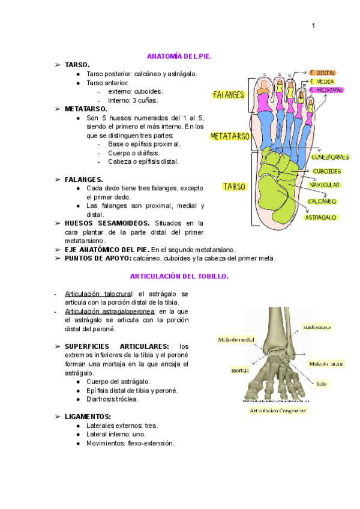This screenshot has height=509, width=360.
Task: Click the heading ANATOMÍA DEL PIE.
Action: [x=179, y=56]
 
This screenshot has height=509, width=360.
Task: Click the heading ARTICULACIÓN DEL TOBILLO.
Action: [x=179, y=276]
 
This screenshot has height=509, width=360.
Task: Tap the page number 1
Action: [x=313, y=25]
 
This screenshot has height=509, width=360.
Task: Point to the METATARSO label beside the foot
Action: [x=230, y=136]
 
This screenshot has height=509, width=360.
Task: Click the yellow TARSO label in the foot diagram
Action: [x=233, y=187]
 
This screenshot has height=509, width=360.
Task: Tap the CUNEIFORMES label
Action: [x=330, y=157]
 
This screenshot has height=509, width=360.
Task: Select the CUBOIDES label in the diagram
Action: [x=326, y=171]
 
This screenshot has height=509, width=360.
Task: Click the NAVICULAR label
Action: [x=325, y=185]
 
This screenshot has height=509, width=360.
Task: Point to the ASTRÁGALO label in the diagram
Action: [x=320, y=217]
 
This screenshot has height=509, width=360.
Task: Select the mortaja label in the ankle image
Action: [x=240, y=370]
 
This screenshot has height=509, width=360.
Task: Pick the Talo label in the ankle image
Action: [x=322, y=382]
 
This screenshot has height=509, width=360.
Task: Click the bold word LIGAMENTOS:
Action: [x=88, y=416]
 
